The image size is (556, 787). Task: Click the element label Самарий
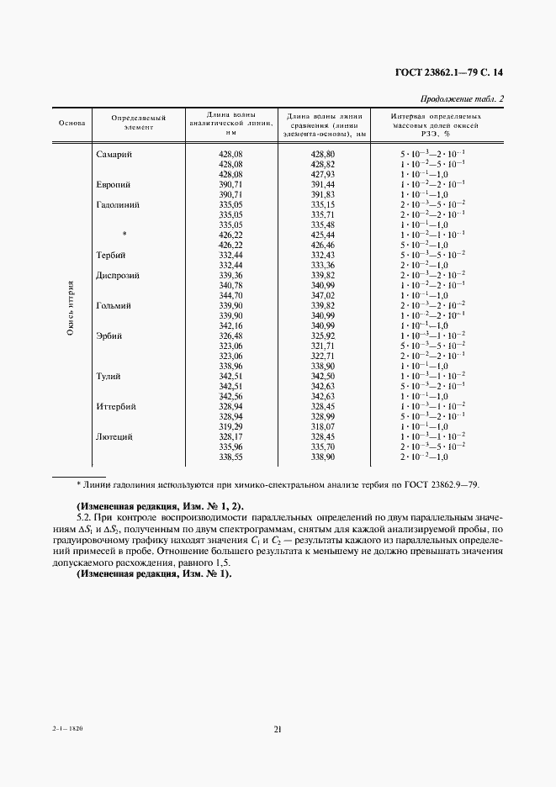point(118,155)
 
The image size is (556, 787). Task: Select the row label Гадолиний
point(118,204)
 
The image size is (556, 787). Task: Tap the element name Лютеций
point(116,436)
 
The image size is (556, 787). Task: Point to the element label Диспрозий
point(118,275)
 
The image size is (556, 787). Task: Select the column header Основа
point(71,123)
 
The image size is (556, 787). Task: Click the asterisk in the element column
point(124,235)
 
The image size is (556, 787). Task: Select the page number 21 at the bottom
point(277,729)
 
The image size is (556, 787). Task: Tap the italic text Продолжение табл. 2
point(467,99)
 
